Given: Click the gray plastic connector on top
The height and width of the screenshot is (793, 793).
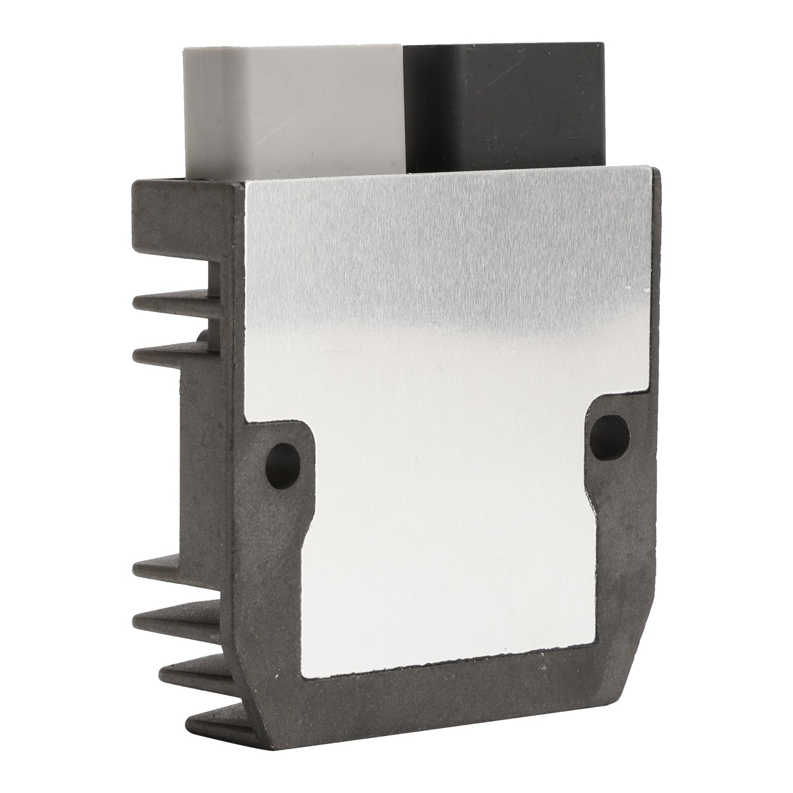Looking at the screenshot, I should (292, 109).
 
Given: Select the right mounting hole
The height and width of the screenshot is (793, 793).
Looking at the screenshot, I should (610, 431).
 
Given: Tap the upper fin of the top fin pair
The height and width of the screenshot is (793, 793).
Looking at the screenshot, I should (173, 300).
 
